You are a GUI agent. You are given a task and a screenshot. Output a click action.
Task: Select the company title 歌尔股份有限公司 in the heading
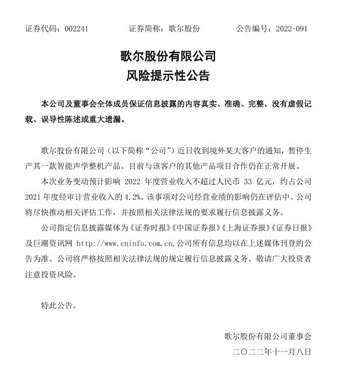tap(168, 56)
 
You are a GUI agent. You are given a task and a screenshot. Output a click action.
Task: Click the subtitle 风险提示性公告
tap(168, 76)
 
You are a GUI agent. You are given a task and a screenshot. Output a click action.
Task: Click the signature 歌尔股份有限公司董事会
tap(268, 336)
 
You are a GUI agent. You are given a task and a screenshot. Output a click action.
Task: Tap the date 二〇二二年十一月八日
tap(271, 352)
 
